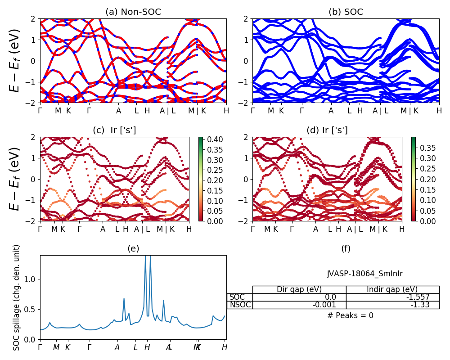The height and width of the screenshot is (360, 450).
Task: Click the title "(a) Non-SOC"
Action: pos(133,12)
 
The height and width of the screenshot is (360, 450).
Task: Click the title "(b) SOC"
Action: pos(346,12)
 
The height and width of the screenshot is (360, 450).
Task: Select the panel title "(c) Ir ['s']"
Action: pos(114,130)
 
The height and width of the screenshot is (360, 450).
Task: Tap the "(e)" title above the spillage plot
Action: pos(133,248)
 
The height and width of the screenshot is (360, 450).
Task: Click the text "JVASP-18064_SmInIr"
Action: pos(364,274)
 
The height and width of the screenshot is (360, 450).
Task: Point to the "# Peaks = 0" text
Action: pos(350,315)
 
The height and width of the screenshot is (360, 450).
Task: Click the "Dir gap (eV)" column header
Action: pos(299,289)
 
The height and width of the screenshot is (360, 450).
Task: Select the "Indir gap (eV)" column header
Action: pos(392,289)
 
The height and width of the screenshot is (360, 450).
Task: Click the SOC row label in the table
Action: pos(237,297)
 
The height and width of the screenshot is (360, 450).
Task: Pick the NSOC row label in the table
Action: pos(240,305)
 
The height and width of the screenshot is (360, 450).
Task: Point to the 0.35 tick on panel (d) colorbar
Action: pos(427,148)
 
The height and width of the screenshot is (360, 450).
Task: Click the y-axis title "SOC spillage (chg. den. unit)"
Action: pos(17,297)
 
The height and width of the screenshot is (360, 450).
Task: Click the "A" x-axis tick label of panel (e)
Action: pos(117,347)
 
